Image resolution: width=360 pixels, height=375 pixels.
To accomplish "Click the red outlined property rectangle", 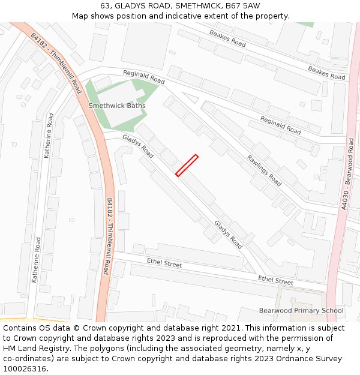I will pyautogui.click(x=187, y=166).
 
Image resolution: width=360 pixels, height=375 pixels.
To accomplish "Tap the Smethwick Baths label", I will pyautogui.click(x=117, y=106).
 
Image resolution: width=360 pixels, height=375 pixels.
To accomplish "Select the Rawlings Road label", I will pyautogui.click(x=264, y=170).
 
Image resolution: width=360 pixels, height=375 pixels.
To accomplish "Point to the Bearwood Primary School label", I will pyautogui.click(x=301, y=310).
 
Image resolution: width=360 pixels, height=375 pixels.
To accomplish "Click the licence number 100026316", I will pyautogui.click(x=26, y=369).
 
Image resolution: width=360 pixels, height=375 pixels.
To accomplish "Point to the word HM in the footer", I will pyautogui.click(x=10, y=349).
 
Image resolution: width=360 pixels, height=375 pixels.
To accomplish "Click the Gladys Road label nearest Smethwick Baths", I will pyautogui.click(x=138, y=146).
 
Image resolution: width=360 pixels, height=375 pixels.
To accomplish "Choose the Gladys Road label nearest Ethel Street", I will pyautogui.click(x=228, y=234).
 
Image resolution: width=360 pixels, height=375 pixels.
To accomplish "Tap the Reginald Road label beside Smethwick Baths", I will pyautogui.click(x=143, y=77).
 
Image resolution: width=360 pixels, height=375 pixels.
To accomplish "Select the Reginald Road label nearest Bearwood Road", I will pyautogui.click(x=280, y=125).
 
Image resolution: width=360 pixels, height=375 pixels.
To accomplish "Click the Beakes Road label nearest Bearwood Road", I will pyautogui.click(x=326, y=73).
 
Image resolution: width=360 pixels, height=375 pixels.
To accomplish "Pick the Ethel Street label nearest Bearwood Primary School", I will pyautogui.click(x=275, y=280).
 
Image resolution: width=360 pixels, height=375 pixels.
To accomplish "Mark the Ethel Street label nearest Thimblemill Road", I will pyautogui.click(x=164, y=263).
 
